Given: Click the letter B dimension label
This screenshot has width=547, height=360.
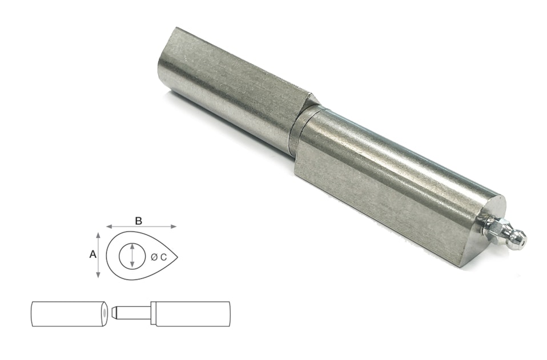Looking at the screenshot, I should point(138,220).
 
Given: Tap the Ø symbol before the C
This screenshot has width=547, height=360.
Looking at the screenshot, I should point(154,257).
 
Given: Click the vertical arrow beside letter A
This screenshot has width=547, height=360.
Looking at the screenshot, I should point(99,255).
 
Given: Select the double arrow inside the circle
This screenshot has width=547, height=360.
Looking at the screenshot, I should point(132,255).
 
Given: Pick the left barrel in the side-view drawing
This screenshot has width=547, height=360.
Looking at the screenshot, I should point(69,314).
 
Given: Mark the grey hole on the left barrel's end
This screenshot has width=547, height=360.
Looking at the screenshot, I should point(105,313).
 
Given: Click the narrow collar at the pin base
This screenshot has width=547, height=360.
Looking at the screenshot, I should point(153,313).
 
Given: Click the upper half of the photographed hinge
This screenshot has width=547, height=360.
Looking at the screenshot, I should point(228,80).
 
